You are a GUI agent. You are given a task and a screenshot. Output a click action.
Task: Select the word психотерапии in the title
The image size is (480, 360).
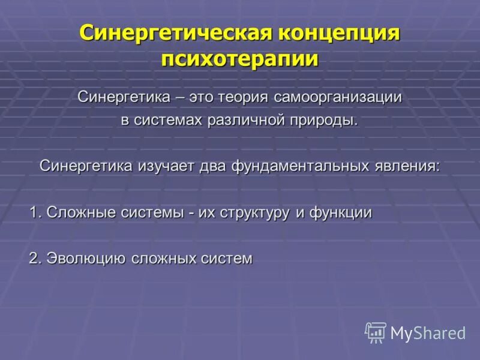pyautogui.click(x=239, y=60)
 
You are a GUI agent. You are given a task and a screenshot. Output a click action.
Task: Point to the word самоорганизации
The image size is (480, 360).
pyautogui.click(x=338, y=97)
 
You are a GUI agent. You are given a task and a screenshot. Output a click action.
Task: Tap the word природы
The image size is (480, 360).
pyautogui.click(x=324, y=120)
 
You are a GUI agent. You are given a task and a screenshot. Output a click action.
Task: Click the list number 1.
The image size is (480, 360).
pyautogui.click(x=34, y=212)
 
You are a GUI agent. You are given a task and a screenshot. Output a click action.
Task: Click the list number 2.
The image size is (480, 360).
pyautogui.click(x=34, y=259)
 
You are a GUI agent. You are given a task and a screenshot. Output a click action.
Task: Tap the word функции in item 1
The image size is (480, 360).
pyautogui.click(x=340, y=212)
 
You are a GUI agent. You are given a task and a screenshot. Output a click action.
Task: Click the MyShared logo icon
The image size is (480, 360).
pyautogui.click(x=376, y=332)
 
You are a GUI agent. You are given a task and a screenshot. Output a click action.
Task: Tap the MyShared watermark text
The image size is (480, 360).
pyautogui.click(x=428, y=333)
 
